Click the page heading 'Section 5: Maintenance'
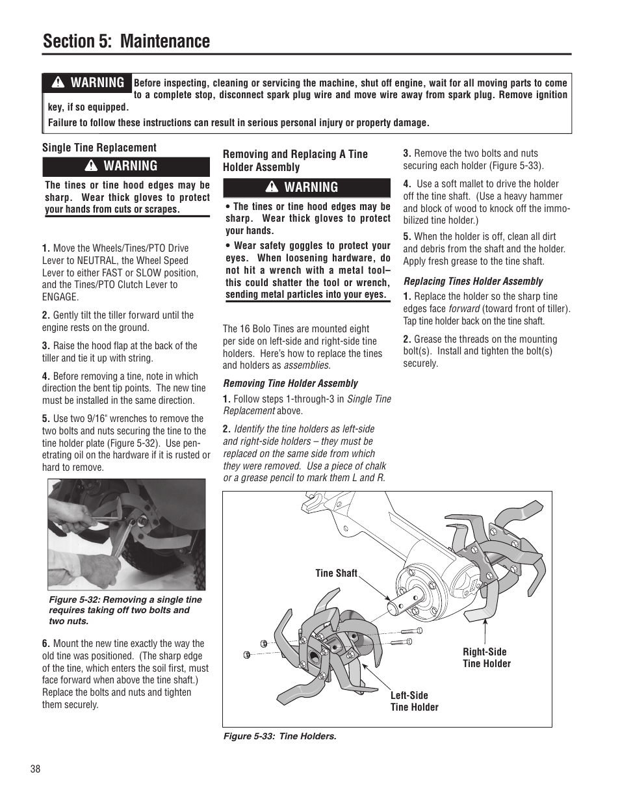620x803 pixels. coord(126,41)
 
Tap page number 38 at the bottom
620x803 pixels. coord(35,769)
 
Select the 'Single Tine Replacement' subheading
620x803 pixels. coord(99,148)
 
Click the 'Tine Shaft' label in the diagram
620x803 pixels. coord(336,573)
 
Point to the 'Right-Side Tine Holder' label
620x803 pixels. coord(486,657)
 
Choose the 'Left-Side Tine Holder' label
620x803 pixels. coord(414,701)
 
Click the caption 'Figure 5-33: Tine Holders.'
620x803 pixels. coord(279,736)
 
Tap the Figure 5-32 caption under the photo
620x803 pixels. coord(125,610)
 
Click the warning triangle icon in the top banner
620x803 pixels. coord(58,83)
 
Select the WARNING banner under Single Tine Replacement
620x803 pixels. coord(126,166)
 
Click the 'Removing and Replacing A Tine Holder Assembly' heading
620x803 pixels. coord(295,161)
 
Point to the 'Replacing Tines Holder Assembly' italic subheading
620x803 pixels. coord(472,281)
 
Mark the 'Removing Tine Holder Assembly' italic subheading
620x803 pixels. coord(290,383)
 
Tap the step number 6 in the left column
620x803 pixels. coord(45,644)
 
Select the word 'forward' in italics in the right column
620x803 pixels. coord(464,309)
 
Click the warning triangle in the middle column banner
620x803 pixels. coord(272,187)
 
